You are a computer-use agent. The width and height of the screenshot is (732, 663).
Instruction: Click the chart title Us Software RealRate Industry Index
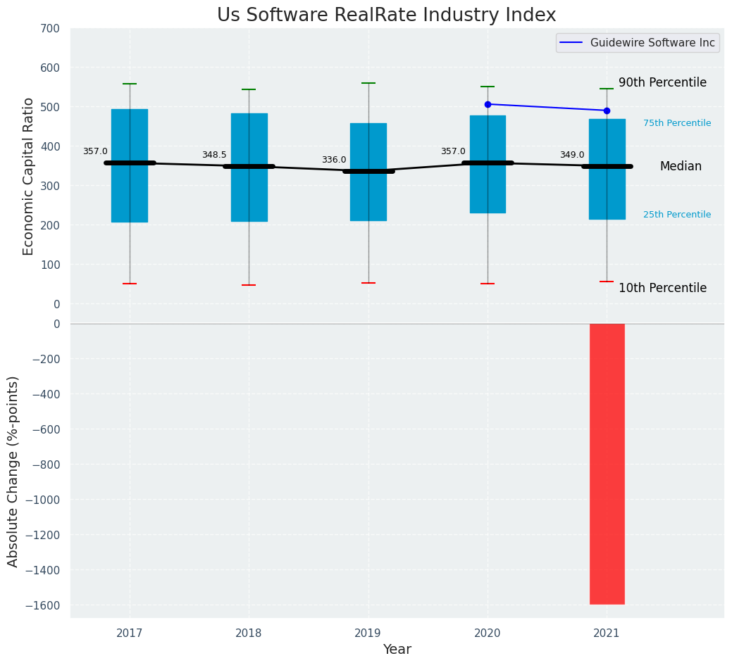pyautogui.click(x=386, y=15)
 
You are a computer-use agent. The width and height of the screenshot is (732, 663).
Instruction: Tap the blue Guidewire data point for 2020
pyautogui.click(x=488, y=104)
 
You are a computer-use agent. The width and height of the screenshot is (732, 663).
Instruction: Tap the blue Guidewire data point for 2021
pyautogui.click(x=607, y=110)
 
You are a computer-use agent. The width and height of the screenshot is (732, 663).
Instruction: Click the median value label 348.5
pyautogui.click(x=214, y=155)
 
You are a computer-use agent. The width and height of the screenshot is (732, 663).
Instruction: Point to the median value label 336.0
pyautogui.click(x=334, y=160)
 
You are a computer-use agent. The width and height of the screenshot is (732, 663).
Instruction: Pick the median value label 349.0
pyautogui.click(x=572, y=155)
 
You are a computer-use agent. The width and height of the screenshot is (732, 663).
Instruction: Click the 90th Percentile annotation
pyautogui.click(x=662, y=82)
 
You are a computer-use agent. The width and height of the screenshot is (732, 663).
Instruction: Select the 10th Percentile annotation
pyautogui.click(x=662, y=288)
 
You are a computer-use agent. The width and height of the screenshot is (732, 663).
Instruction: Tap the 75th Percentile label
pyautogui.click(x=677, y=123)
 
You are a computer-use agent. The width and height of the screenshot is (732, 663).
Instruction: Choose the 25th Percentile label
pyautogui.click(x=677, y=215)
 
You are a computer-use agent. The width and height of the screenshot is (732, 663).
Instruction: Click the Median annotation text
pyautogui.click(x=681, y=166)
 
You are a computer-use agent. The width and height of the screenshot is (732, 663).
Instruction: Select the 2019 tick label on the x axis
pyautogui.click(x=368, y=633)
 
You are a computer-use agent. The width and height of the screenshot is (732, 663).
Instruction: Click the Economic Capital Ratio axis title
pyautogui.click(x=29, y=176)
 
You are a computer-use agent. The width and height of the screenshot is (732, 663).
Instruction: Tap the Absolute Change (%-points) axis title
pyautogui.click(x=13, y=471)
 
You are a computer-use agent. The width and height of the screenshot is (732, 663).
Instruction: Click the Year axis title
pyautogui.click(x=397, y=650)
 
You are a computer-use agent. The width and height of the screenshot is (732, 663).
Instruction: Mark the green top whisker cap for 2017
pyautogui.click(x=130, y=84)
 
